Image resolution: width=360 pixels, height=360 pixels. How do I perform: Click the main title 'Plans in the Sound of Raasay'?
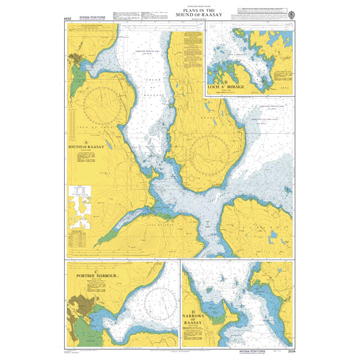pyautogui.click(x=181, y=12)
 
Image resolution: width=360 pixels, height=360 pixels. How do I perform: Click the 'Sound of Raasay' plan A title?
pyautogui.click(x=86, y=146)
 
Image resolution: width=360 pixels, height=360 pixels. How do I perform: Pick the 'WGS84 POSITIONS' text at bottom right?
pyautogui.click(x=268, y=350)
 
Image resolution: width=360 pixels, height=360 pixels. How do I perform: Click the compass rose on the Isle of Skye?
pyautogui.click(x=104, y=108)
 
